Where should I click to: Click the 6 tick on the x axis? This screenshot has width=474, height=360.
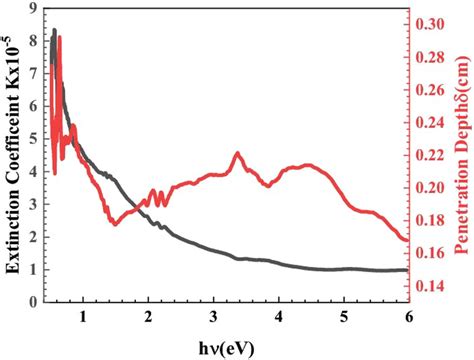tap(409, 317)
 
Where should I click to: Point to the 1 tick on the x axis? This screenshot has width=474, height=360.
tap(83, 317)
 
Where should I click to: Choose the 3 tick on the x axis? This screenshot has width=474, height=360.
tap(213, 317)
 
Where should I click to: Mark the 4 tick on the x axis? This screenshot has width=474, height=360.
tap(278, 317)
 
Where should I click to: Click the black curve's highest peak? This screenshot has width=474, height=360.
tap(54, 30)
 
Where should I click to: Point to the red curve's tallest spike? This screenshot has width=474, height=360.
tap(59, 37)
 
